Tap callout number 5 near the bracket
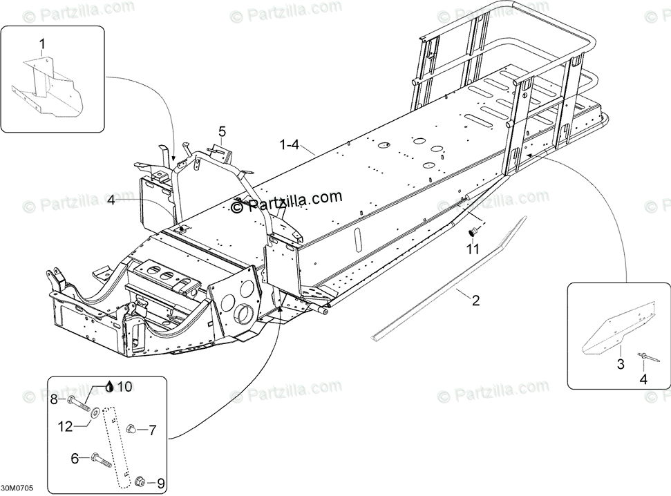(222, 131)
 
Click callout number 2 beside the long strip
(475, 301)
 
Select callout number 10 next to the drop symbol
(124, 387)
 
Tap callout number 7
(153, 430)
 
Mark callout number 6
(75, 457)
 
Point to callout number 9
(153, 483)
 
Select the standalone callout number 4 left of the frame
(111, 200)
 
